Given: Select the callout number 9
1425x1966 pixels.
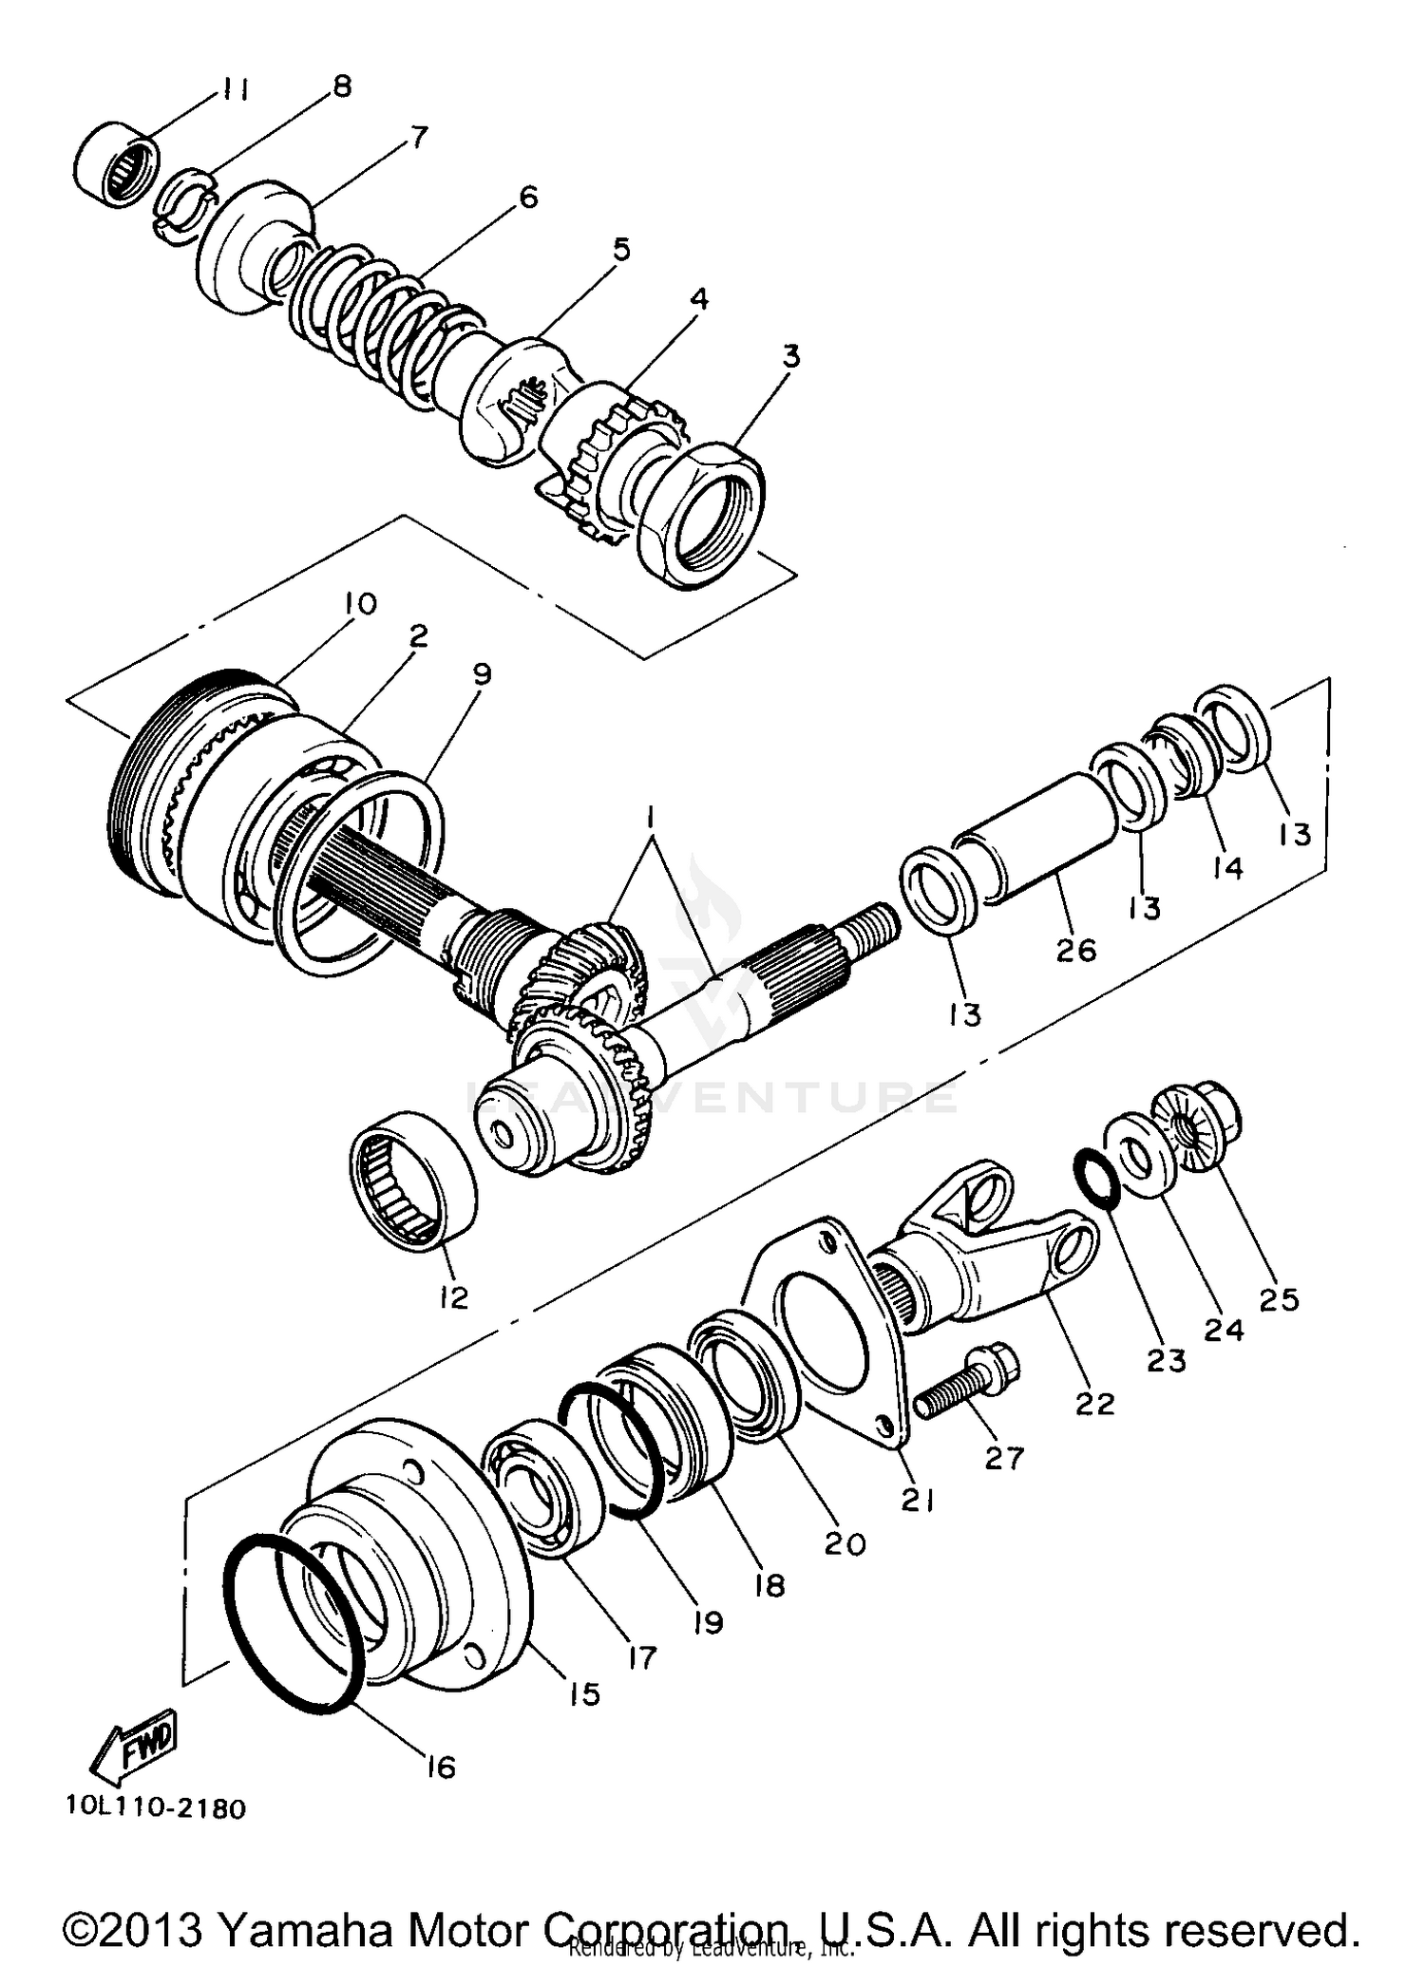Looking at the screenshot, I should point(482,674).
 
